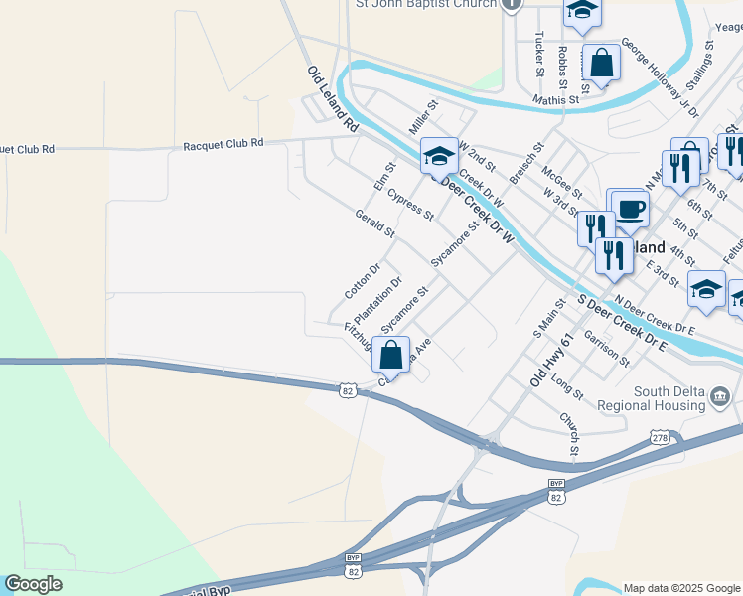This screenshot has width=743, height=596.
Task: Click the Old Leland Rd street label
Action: point(332,100)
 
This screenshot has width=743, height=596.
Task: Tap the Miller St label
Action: point(423,117)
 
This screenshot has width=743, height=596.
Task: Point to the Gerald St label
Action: point(374,223)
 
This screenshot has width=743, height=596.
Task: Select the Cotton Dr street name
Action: point(363,281)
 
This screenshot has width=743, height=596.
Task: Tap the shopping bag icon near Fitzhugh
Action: point(391,355)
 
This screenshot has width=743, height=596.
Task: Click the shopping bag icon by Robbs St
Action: point(602,64)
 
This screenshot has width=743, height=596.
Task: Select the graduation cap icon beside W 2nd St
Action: point(439,156)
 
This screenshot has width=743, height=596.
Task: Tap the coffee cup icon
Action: point(630,210)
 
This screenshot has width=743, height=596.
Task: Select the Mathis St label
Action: point(555,100)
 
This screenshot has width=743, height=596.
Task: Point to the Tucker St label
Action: point(539,53)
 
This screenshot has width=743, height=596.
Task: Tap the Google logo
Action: point(33,584)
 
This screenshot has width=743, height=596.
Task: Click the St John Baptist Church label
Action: point(426,5)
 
